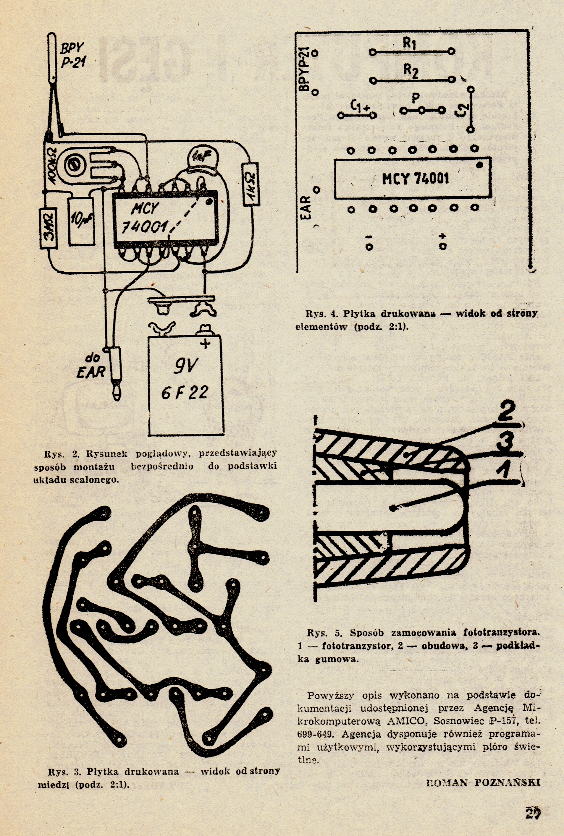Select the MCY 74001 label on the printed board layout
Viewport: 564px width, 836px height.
coord(416,178)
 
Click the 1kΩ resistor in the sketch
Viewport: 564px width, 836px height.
coord(251,184)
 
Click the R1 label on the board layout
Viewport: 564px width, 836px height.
coord(409,43)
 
